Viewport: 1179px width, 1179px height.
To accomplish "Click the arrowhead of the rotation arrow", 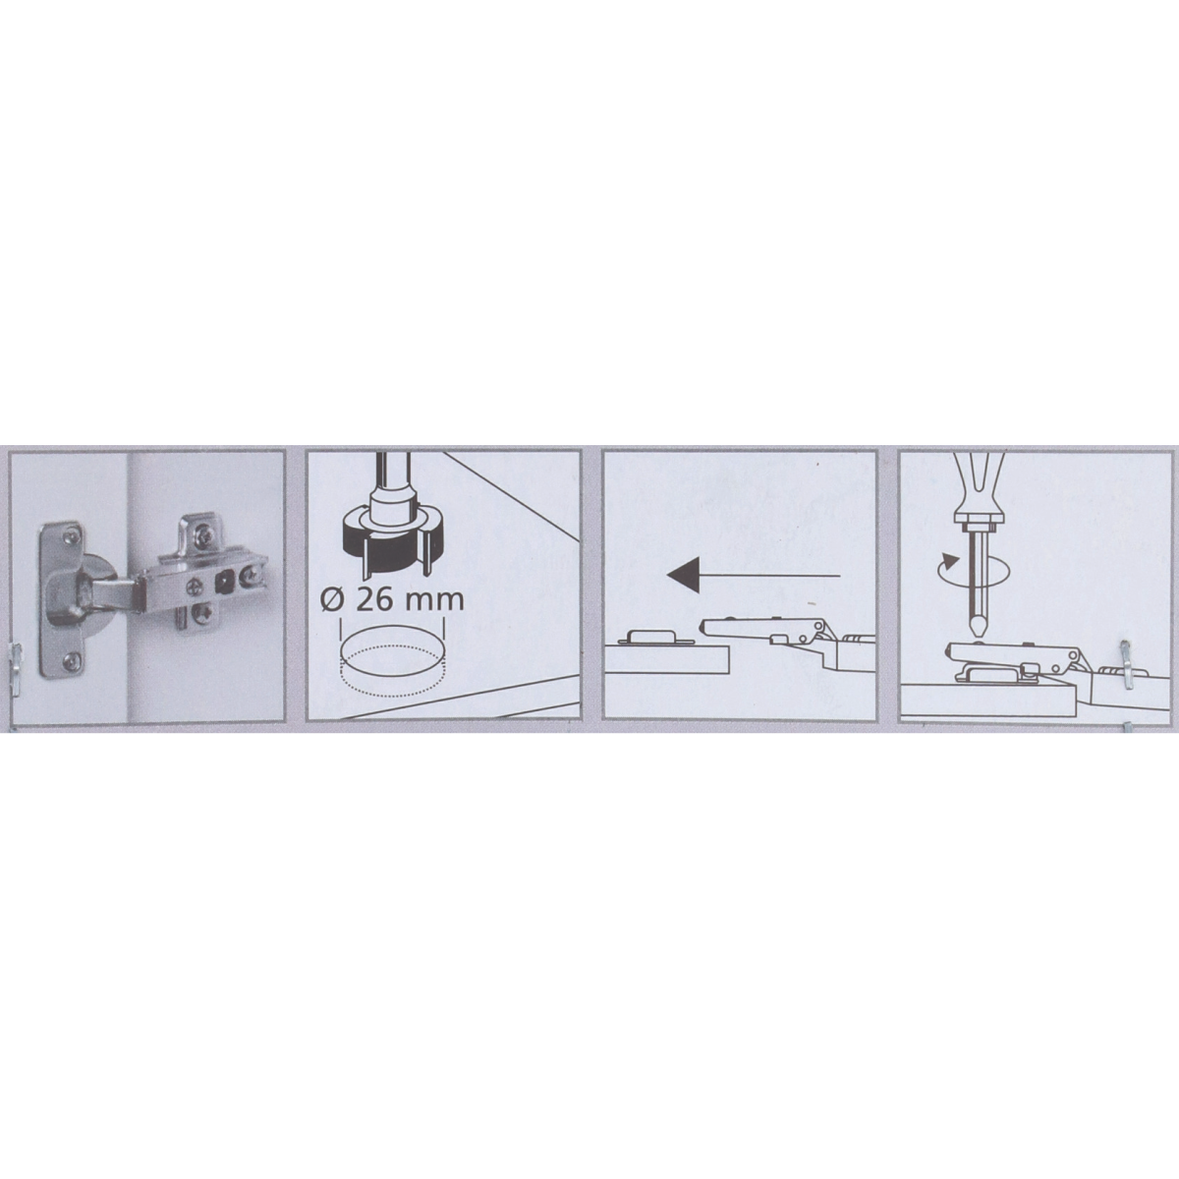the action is pyautogui.click(x=949, y=560).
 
